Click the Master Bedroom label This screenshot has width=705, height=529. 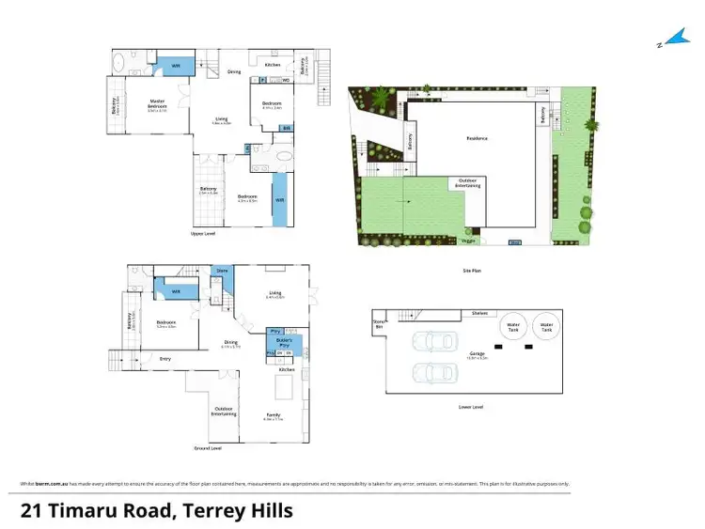[157, 105]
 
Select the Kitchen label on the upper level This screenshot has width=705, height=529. [272, 65]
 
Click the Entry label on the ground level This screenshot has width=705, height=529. [165, 358]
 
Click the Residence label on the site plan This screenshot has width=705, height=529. [478, 138]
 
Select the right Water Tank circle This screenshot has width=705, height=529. [545, 327]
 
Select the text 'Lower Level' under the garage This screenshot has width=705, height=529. [471, 407]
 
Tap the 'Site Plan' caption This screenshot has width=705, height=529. [473, 270]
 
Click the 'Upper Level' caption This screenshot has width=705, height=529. [203, 233]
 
